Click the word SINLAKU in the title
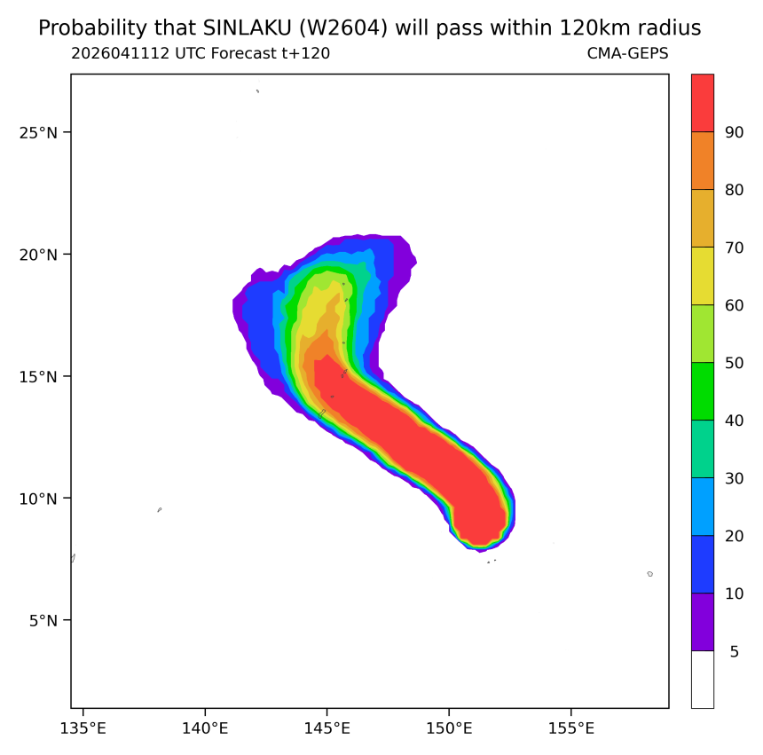pyautogui.click(x=247, y=28)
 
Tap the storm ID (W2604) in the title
pyautogui.click(x=343, y=28)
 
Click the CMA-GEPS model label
pyautogui.click(x=628, y=53)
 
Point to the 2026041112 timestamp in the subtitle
pyautogui.click(x=120, y=53)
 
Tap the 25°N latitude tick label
pyautogui.click(x=38, y=133)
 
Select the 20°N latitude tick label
pyautogui.click(x=38, y=255)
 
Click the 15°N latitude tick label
pyautogui.click(x=38, y=376)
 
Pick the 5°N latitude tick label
pyautogui.click(x=43, y=621)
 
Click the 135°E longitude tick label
pyautogui.click(x=83, y=728)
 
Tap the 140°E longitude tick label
pyautogui.click(x=205, y=728)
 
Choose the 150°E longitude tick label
pyautogui.click(x=449, y=728)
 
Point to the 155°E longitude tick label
pyautogui.click(x=571, y=728)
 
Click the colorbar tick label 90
pyautogui.click(x=735, y=132)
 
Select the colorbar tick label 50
pyautogui.click(x=735, y=363)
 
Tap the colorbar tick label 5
pyautogui.click(x=735, y=651)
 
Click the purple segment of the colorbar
pyautogui.click(x=703, y=622)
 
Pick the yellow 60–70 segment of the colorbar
pyautogui.click(x=703, y=276)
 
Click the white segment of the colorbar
pyautogui.click(x=703, y=679)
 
